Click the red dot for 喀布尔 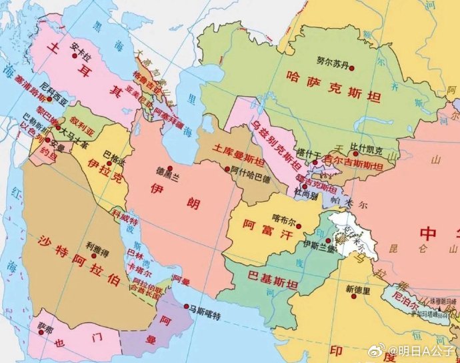pyautogui.click(x=290, y=226)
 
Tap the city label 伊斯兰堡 pyautogui.click(x=315, y=245)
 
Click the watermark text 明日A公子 pyautogui.click(x=425, y=351)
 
